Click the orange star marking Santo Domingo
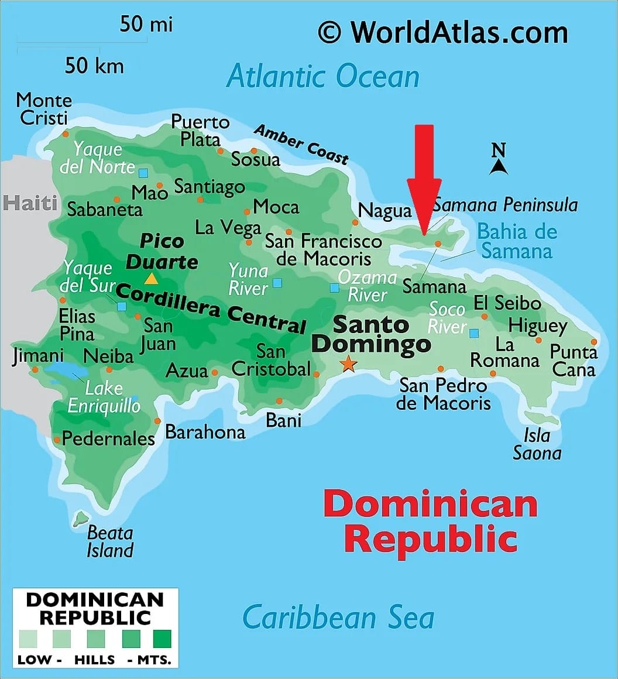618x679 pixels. (x=348, y=363)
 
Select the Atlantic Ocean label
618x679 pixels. (x=323, y=77)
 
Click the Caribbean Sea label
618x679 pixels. (x=338, y=618)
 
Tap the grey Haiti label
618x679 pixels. (x=30, y=203)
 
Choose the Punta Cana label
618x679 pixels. (x=574, y=361)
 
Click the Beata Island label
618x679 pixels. (x=110, y=541)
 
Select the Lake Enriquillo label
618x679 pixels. (x=104, y=397)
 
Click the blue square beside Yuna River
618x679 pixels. (x=277, y=283)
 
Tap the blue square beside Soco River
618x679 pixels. (x=474, y=333)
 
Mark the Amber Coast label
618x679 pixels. (x=301, y=144)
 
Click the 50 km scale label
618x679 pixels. (x=94, y=66)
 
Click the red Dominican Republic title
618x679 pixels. (x=430, y=521)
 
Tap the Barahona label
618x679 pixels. (x=205, y=432)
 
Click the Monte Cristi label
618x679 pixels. (x=44, y=109)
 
